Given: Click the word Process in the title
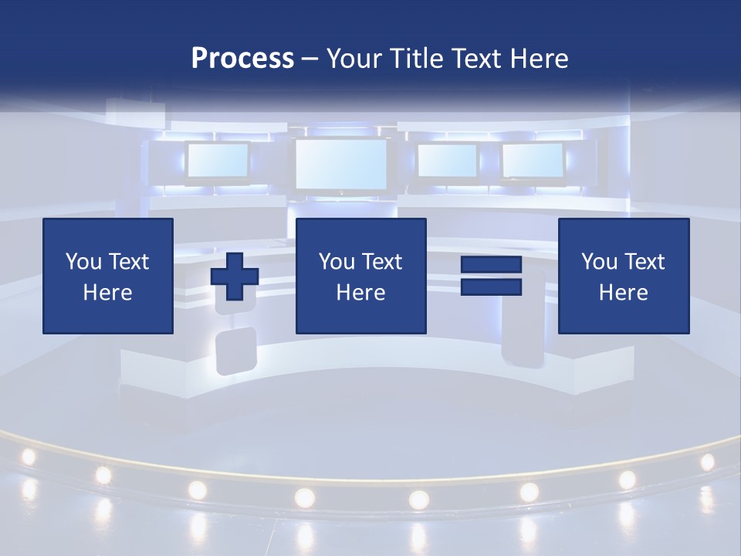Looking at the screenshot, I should point(242,59).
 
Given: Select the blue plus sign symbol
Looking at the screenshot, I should point(235,276).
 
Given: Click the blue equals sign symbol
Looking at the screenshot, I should point(491,276).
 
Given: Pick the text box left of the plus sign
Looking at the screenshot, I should point(108,276).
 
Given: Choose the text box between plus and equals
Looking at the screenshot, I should point(360,276).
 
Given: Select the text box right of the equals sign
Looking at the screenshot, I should point(623,276).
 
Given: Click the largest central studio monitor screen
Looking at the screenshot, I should point(341,164).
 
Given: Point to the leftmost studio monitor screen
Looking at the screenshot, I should point(218,161).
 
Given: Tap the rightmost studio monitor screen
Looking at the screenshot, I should point(533,161).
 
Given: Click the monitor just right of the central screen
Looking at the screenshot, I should point(447,161).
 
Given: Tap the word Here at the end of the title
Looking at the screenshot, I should point(540,59).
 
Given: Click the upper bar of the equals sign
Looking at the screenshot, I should point(491,265).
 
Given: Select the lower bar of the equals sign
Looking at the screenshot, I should point(491,287).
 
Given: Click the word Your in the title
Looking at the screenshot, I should point(354,59).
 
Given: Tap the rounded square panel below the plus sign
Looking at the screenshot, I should point(235,350).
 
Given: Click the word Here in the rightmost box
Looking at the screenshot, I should point(623,293).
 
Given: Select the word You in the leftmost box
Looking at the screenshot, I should point(83,262).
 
